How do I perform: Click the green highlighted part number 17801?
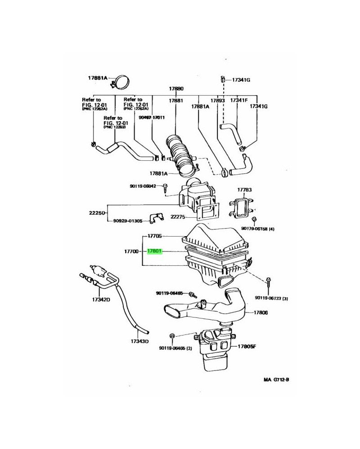tap(155, 252)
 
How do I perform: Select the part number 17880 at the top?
tap(176, 89)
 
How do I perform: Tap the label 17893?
tap(218, 101)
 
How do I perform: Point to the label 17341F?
tap(238, 101)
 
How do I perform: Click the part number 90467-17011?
tap(152, 118)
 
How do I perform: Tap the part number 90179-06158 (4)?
tap(258, 229)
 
